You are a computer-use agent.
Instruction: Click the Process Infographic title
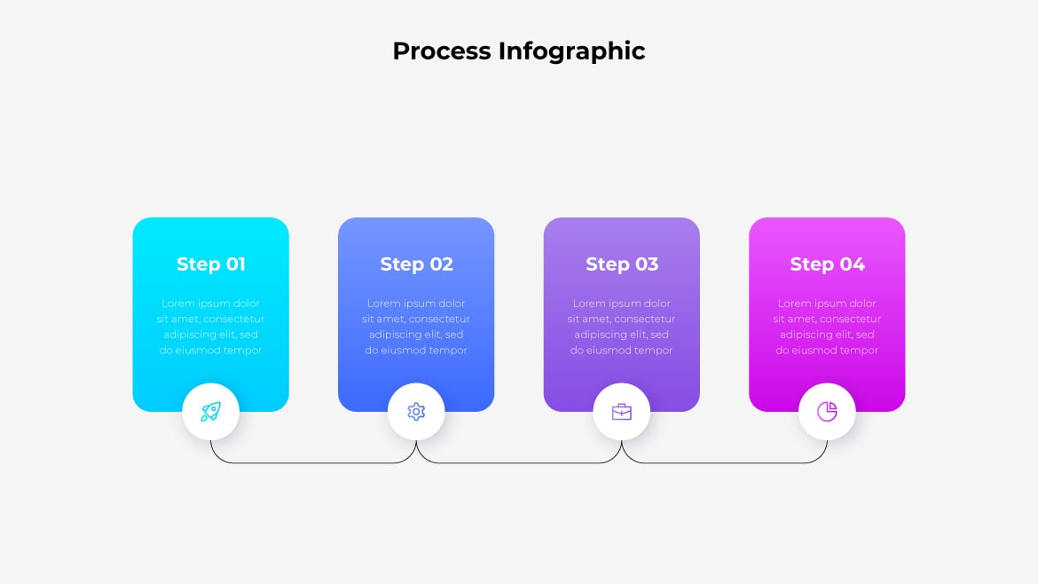click(518, 51)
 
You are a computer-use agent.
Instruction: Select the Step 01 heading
click(211, 264)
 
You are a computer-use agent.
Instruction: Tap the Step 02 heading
click(416, 264)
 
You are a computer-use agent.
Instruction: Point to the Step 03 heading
click(622, 264)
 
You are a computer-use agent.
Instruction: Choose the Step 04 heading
click(827, 264)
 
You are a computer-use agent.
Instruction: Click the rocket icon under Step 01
click(210, 412)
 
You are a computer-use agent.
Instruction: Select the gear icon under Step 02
click(416, 412)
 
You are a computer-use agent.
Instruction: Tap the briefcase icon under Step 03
click(622, 412)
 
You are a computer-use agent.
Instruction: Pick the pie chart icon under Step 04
click(827, 412)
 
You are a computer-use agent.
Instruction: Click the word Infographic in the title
click(571, 51)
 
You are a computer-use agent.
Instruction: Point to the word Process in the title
click(442, 51)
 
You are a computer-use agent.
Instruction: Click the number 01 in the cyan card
click(235, 264)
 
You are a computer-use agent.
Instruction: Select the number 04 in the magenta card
click(852, 264)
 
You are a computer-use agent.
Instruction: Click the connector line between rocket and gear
click(313, 463)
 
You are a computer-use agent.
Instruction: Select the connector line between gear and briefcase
click(519, 463)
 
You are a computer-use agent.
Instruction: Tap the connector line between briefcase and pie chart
click(724, 463)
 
